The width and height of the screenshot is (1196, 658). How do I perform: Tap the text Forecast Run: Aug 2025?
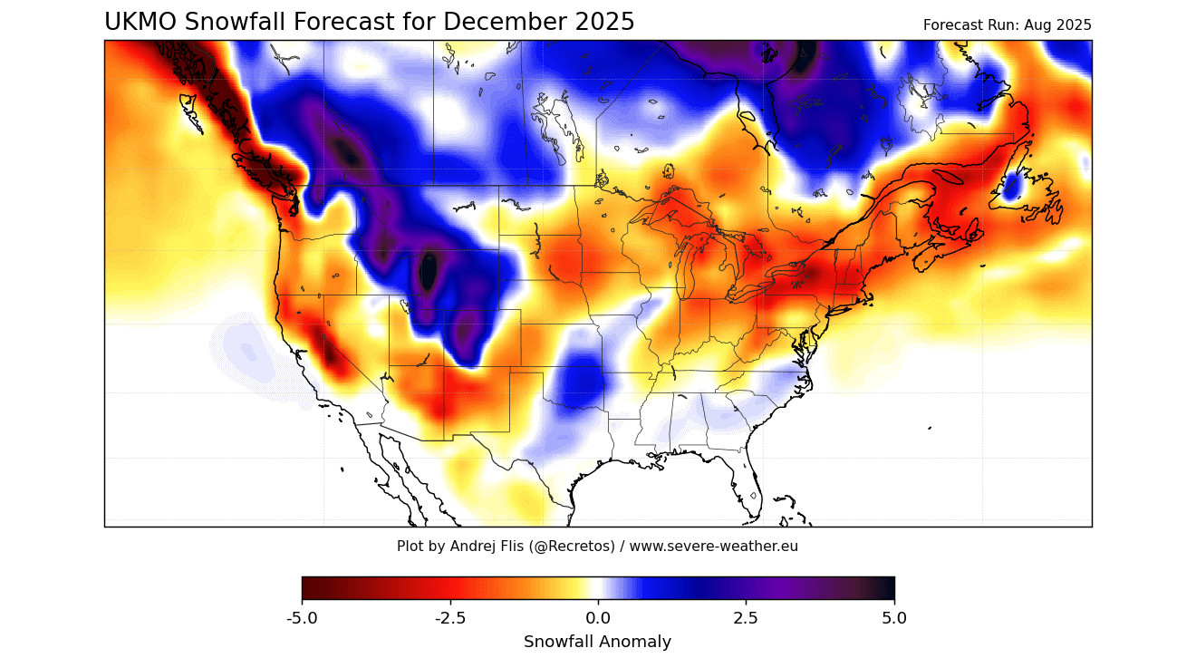click(x=1007, y=25)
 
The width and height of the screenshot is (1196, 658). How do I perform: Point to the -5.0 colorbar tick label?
click(x=302, y=618)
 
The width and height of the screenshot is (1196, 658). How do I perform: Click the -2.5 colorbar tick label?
click(x=450, y=618)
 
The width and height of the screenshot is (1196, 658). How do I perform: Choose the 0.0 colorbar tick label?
click(x=598, y=618)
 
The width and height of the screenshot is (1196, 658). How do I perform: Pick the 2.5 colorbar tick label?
click(x=746, y=618)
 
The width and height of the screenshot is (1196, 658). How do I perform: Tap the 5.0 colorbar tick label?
click(x=893, y=618)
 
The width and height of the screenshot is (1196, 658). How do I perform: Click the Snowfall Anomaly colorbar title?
click(x=597, y=642)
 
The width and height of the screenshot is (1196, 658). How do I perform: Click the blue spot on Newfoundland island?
click(x=1012, y=187)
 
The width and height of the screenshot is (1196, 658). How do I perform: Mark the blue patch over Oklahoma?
click(x=577, y=384)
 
